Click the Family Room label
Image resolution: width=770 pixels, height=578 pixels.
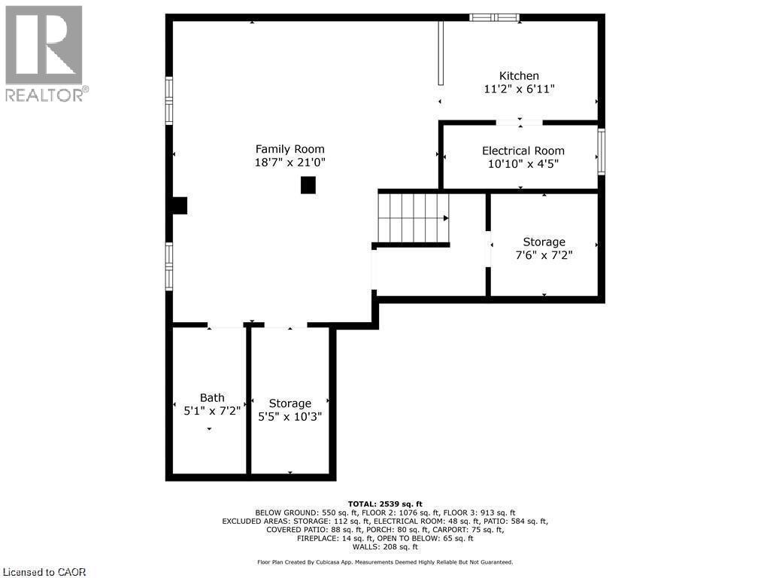point(290,149)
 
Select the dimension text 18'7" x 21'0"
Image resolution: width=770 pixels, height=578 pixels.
point(290,162)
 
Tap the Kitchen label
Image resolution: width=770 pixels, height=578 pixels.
point(519,76)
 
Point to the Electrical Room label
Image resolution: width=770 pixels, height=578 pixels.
point(523,151)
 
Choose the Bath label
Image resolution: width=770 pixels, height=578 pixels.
point(212,397)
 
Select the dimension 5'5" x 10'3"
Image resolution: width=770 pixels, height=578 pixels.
point(290,416)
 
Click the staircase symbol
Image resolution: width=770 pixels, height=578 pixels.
point(413,218)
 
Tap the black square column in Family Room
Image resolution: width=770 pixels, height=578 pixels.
point(308,185)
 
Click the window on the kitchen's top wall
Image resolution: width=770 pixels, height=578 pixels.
point(494,17)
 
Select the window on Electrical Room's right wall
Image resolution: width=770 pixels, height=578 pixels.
point(601,153)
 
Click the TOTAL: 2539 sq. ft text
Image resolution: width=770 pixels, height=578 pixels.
point(384,503)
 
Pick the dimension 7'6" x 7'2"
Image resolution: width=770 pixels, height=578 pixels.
point(544,255)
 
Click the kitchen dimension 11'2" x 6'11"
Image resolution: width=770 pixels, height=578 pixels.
point(519,89)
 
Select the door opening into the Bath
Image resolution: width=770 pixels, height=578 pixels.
point(226,325)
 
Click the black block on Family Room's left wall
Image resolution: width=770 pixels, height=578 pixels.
point(179,205)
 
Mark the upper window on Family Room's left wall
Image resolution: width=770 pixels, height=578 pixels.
point(169,100)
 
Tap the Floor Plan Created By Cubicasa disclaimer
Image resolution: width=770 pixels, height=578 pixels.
point(384,561)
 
